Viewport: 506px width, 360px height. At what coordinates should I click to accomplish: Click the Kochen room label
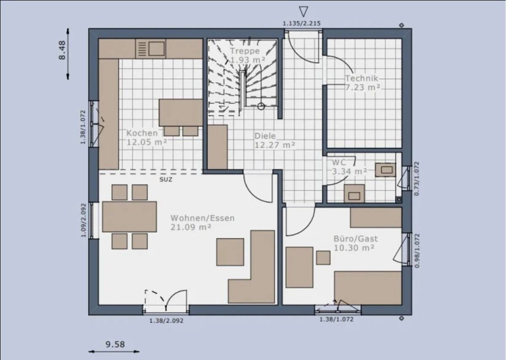click(142, 133)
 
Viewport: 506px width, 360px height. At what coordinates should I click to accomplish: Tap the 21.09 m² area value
click(191, 227)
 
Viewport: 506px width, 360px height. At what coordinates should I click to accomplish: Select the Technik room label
click(362, 78)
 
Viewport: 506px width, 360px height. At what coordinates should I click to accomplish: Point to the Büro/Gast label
click(355, 239)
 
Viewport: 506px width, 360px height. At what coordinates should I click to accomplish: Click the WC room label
click(339, 162)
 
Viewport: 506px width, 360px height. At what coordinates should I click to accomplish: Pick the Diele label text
click(265, 136)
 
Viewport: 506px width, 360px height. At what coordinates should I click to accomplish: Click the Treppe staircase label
click(245, 51)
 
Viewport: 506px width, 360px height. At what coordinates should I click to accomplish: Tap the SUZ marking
click(165, 179)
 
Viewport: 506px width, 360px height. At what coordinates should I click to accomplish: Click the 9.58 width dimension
click(115, 344)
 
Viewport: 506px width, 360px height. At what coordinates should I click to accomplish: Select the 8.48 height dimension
click(62, 50)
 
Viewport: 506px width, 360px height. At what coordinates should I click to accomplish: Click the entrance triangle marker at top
click(303, 11)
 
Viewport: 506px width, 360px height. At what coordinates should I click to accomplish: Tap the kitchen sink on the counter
click(156, 49)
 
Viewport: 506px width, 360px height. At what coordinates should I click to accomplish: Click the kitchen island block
click(180, 113)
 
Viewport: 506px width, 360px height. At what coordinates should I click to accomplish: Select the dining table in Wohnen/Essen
click(129, 217)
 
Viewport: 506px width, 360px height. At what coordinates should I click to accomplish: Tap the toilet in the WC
click(353, 194)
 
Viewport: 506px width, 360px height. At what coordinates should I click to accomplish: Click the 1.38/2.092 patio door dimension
click(166, 320)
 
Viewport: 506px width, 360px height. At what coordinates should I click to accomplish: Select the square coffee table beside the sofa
click(230, 252)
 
